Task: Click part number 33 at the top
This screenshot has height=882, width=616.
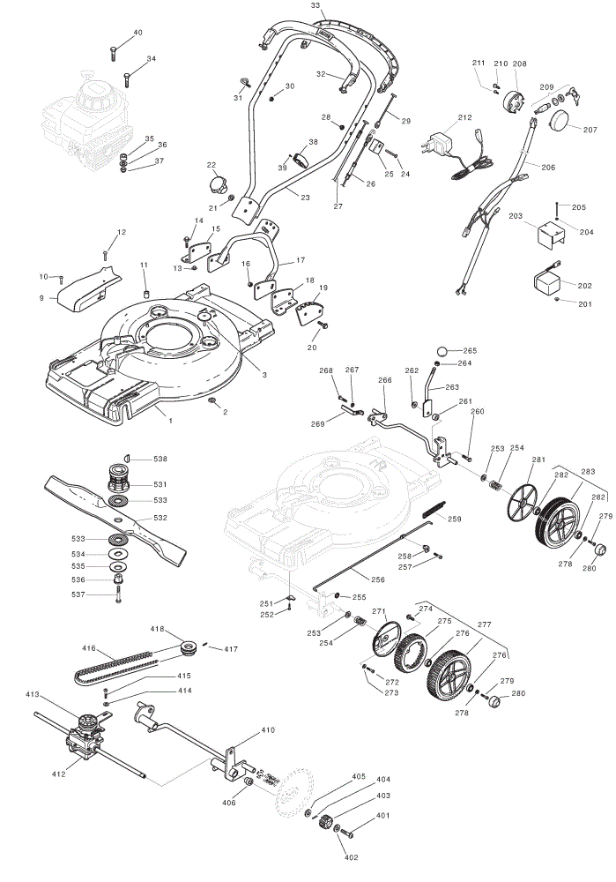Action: [315, 5]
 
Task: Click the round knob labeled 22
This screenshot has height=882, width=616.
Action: [217, 183]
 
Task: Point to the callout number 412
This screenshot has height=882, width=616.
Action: [58, 774]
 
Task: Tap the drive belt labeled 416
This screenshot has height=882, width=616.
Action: [115, 665]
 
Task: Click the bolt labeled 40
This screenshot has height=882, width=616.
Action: [113, 52]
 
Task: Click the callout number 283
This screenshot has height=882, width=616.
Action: [588, 471]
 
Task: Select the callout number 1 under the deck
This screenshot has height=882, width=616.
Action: [171, 420]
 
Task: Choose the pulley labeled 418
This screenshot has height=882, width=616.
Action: [188, 647]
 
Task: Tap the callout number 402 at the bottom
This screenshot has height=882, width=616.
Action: [350, 857]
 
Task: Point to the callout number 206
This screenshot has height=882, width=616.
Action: [548, 167]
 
